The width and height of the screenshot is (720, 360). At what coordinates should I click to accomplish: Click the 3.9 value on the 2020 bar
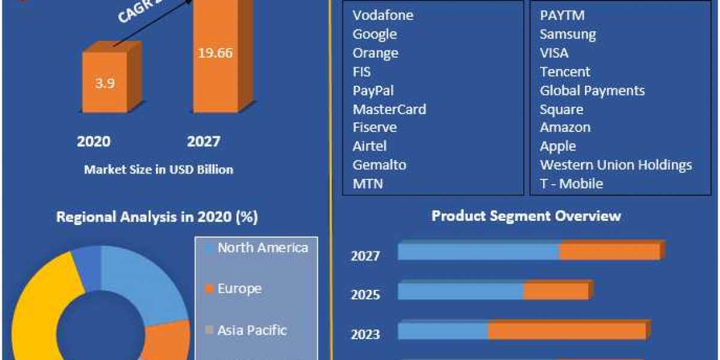[x=104, y=83]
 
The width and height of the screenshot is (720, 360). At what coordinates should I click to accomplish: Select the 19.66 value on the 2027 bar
[x=215, y=52]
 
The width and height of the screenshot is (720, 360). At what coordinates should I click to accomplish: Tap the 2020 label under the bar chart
[x=94, y=142]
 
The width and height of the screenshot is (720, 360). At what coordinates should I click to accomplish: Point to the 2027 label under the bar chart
[x=203, y=142]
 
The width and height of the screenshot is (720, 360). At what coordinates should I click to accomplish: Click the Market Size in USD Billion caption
[x=158, y=170]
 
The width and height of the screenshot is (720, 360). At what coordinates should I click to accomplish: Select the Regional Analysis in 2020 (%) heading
[x=157, y=217]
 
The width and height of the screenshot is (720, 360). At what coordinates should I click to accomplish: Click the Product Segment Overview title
[x=526, y=215]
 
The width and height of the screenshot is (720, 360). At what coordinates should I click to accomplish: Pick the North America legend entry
[x=262, y=248]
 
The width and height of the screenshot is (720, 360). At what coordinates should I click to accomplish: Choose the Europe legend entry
[x=239, y=289]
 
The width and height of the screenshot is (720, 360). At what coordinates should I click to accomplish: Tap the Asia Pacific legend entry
[x=252, y=330]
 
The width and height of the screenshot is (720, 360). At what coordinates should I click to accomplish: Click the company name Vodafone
[x=383, y=15]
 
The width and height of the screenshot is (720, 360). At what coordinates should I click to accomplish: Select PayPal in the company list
[x=373, y=91]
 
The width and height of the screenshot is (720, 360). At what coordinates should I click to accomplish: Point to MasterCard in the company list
[x=389, y=109]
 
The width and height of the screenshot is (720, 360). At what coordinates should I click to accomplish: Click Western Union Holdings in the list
[x=616, y=165]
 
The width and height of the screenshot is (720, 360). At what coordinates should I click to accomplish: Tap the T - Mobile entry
[x=571, y=184]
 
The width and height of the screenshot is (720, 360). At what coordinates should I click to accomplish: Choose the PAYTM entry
[x=562, y=15]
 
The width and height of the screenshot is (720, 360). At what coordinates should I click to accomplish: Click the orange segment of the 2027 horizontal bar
[x=609, y=252]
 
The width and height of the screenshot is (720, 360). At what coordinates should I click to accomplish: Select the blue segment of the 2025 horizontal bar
[x=460, y=292]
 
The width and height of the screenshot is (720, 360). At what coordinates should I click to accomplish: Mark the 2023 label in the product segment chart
[x=365, y=334]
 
